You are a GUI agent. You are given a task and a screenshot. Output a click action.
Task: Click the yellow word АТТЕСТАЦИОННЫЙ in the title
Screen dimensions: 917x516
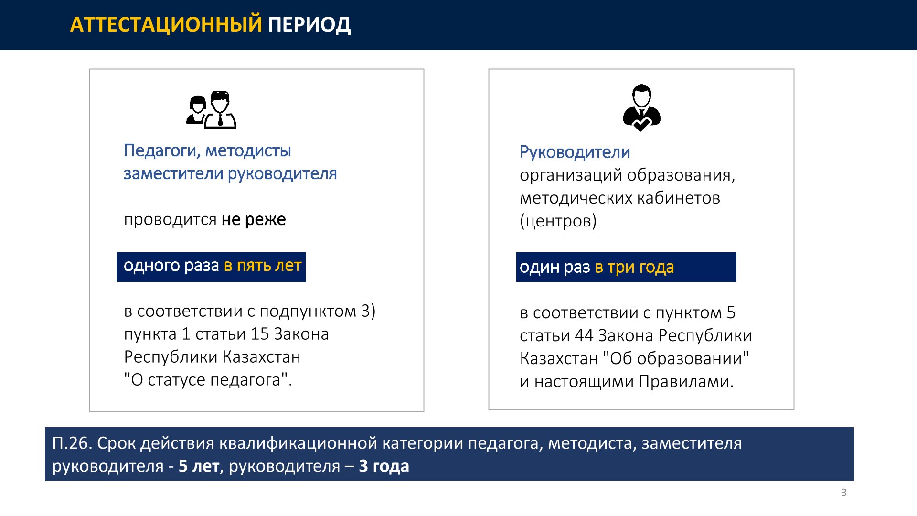[166, 25]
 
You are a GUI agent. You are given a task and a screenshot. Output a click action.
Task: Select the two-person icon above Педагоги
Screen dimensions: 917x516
[211, 110]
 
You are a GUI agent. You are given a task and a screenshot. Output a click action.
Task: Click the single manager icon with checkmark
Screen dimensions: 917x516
[641, 108]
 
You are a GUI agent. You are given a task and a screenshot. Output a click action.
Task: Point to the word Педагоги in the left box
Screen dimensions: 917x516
[162, 151]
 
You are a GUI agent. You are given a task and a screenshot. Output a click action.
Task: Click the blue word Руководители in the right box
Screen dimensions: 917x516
[575, 153]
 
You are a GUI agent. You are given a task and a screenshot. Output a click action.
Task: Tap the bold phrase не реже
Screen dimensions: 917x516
[254, 219]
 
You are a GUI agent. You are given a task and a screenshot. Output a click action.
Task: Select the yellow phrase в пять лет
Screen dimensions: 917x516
[263, 265]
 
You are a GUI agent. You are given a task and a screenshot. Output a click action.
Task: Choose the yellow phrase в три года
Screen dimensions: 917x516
[634, 268]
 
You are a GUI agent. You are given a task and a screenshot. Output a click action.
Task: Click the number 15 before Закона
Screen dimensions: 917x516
[260, 334]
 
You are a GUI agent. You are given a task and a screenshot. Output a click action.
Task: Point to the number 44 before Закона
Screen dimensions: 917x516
[584, 336]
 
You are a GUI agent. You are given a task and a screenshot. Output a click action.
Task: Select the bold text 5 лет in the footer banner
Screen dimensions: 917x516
[199, 466]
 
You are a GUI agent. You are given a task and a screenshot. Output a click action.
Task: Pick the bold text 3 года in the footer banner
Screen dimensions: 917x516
[384, 466]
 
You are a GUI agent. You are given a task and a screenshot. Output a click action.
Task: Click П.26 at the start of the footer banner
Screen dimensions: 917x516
[72, 443]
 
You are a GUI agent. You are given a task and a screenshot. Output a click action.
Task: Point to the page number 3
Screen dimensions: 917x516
[844, 493]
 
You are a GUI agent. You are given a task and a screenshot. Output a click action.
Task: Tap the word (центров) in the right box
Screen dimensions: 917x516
[558, 221]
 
